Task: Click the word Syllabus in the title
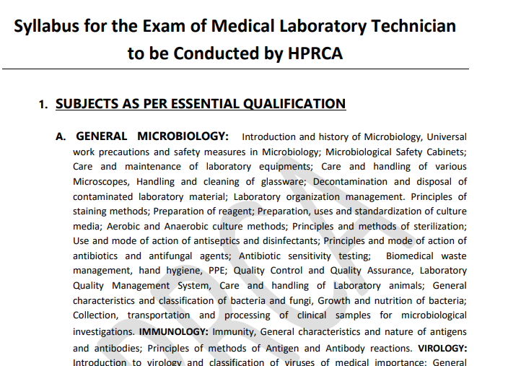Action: pos(50,27)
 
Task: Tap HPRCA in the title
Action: pos(312,53)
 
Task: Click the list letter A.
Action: pos(61,136)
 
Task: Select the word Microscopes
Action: pos(100,181)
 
